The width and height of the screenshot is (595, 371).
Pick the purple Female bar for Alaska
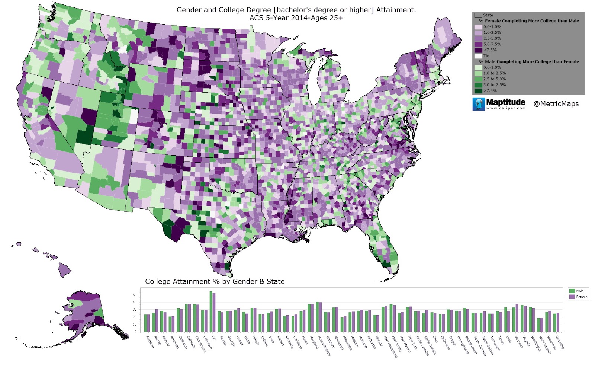coord(157,320)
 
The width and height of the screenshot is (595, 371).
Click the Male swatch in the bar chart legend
coord(572,291)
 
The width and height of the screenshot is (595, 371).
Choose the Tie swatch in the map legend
coord(478,56)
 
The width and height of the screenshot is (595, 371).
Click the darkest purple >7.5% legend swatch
coord(478,50)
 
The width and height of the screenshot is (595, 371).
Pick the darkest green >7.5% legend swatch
coord(478,90)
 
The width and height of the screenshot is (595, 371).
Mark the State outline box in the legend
coord(478,15)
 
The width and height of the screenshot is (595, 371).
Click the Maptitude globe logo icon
coord(479,104)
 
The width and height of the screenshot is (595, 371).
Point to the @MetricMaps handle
coord(556,104)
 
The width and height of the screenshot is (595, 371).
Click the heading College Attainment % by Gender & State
coord(215,282)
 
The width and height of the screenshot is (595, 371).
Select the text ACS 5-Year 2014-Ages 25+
coord(296,17)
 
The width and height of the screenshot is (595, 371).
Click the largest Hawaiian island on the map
coord(64,269)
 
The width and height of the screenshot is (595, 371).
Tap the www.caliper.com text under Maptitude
coord(506,108)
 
